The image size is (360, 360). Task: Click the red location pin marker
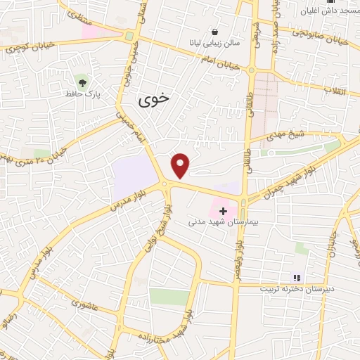click(x=181, y=165)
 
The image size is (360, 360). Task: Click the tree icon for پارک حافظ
click(x=82, y=82)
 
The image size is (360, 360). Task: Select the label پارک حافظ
click(x=79, y=94)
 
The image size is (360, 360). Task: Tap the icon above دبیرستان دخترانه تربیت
click(x=297, y=278)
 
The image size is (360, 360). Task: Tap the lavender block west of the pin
click(x=134, y=176)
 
